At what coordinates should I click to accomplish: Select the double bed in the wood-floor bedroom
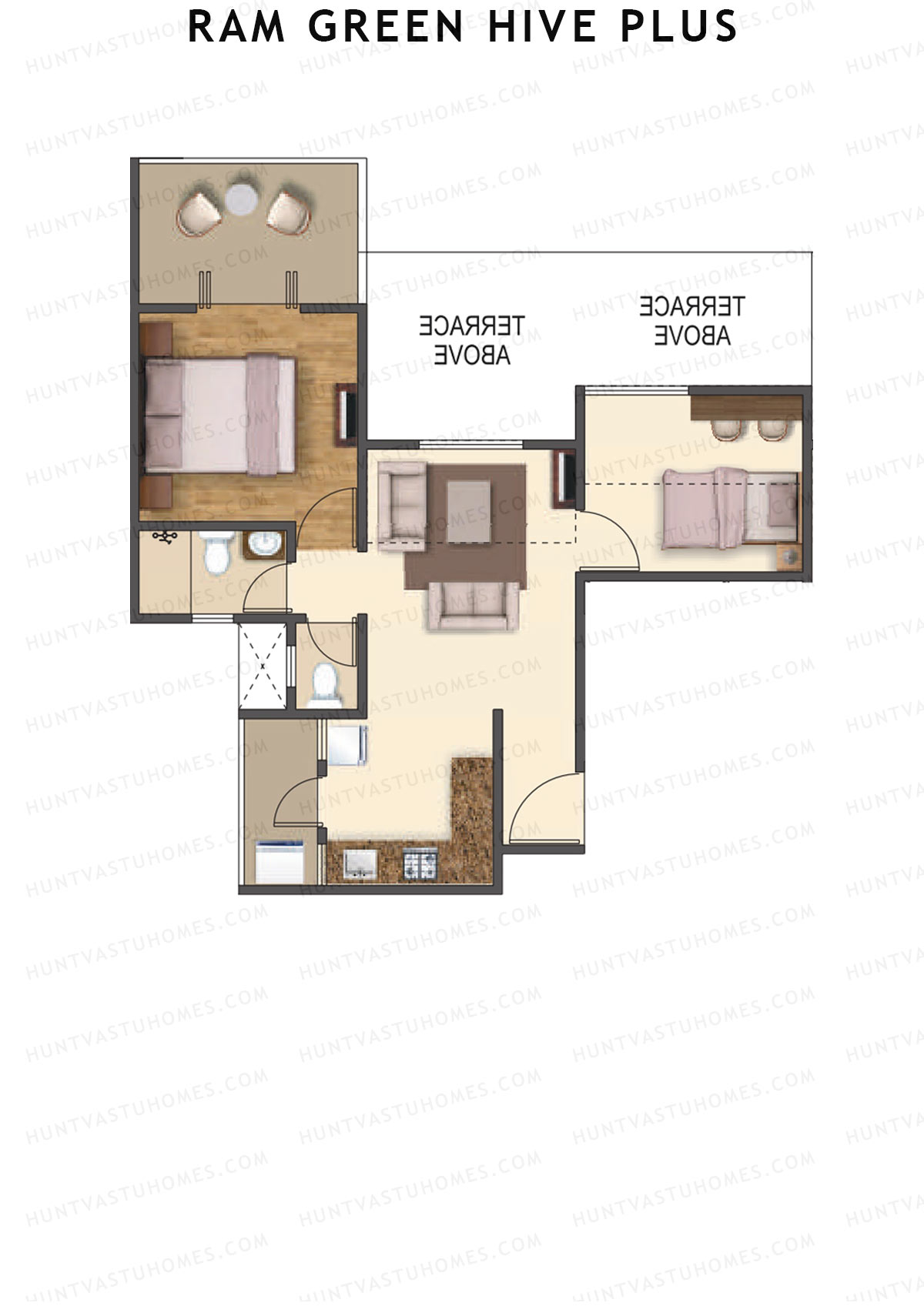pyautogui.click(x=220, y=415)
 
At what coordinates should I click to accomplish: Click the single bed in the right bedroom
pyautogui.click(x=730, y=508)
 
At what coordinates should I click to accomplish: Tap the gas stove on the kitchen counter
pyautogui.click(x=420, y=864)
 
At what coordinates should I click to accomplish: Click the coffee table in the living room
pyautogui.click(x=468, y=511)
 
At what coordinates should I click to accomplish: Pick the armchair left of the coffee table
pyautogui.click(x=402, y=506)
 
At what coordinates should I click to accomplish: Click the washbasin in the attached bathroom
pyautogui.click(x=265, y=545)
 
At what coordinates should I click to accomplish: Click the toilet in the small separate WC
pyautogui.click(x=324, y=683)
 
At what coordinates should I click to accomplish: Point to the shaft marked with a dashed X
pyautogui.click(x=263, y=666)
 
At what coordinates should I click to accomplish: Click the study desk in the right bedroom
pyautogui.click(x=746, y=408)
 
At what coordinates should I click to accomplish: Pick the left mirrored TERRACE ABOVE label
pyautogui.click(x=472, y=340)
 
